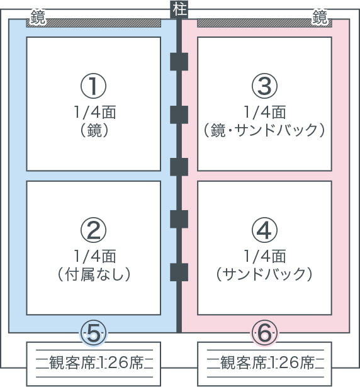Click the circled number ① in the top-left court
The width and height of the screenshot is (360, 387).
[94, 86]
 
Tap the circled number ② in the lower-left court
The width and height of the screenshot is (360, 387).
[94, 230]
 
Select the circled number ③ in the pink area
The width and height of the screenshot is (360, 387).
[264, 86]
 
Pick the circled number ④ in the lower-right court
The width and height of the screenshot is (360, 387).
[264, 230]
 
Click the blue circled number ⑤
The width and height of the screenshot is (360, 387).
[94, 334]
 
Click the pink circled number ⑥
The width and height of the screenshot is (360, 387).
[264, 334]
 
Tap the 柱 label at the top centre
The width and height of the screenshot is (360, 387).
[179, 10]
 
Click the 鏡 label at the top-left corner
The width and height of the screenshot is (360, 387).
[38, 17]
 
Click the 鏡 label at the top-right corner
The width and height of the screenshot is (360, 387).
[320, 17]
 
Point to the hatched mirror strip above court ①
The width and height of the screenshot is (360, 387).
[94, 23]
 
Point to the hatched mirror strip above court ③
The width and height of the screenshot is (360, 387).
[264, 23]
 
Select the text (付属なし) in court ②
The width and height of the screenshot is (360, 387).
[94, 274]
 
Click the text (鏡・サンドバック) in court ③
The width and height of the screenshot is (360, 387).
[264, 130]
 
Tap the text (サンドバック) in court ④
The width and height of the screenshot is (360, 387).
[264, 274]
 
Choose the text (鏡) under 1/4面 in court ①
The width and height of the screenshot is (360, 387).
[94, 130]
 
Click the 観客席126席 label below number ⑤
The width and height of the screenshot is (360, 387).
[94, 363]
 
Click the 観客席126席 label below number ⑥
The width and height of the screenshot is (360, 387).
[265, 363]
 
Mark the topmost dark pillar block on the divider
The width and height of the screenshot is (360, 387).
[179, 62]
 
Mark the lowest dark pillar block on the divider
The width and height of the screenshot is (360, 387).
[179, 272]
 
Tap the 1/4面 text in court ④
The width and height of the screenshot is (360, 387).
[265, 256]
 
